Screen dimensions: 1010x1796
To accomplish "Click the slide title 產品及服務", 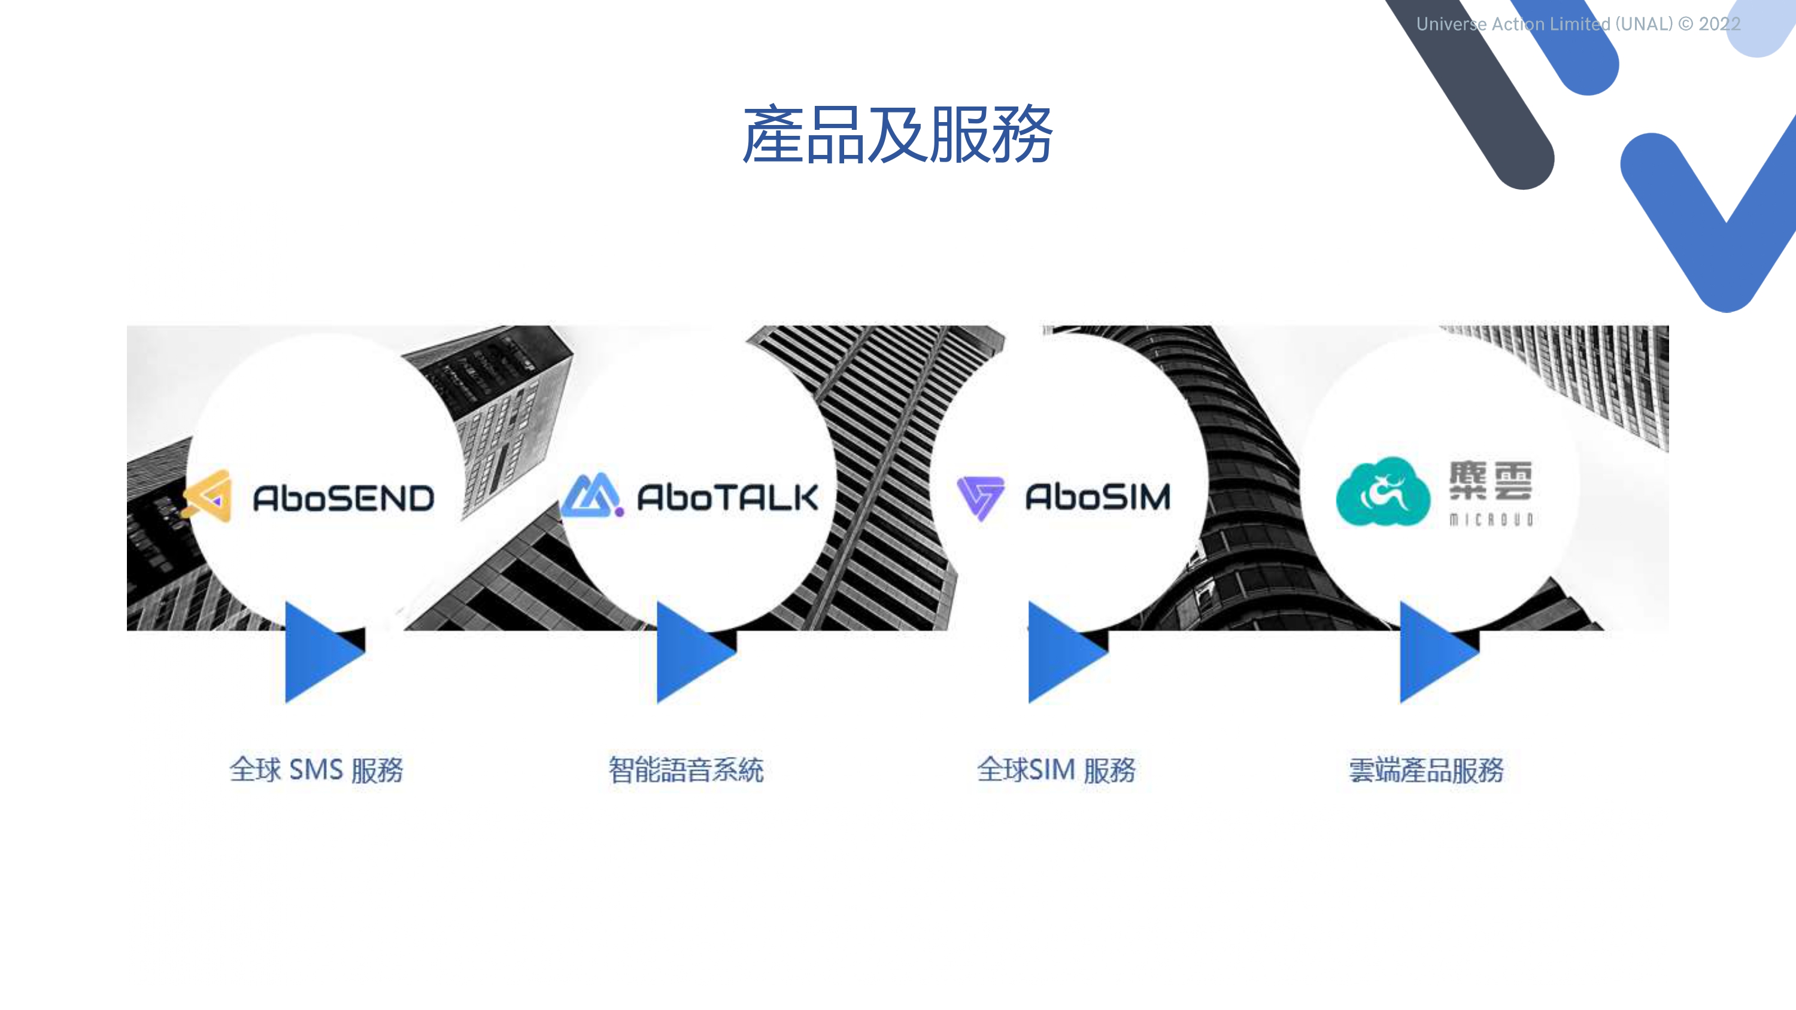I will (897, 135).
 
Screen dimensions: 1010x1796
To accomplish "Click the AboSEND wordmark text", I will (343, 498).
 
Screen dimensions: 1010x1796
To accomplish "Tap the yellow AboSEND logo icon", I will (208, 495).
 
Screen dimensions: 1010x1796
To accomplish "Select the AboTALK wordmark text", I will (727, 498).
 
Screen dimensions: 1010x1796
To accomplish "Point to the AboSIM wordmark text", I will (1097, 497).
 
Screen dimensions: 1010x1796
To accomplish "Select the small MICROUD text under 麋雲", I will (1491, 520).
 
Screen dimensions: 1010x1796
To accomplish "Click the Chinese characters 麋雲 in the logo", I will (1491, 480).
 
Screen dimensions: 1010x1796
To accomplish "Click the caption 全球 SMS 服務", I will (317, 770).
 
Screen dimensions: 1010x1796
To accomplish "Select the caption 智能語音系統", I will (686, 770).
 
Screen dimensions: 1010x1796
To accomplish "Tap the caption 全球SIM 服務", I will (1056, 770).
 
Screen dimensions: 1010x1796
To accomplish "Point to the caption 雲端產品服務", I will (1426, 770).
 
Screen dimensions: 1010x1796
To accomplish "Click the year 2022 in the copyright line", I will (1719, 25).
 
